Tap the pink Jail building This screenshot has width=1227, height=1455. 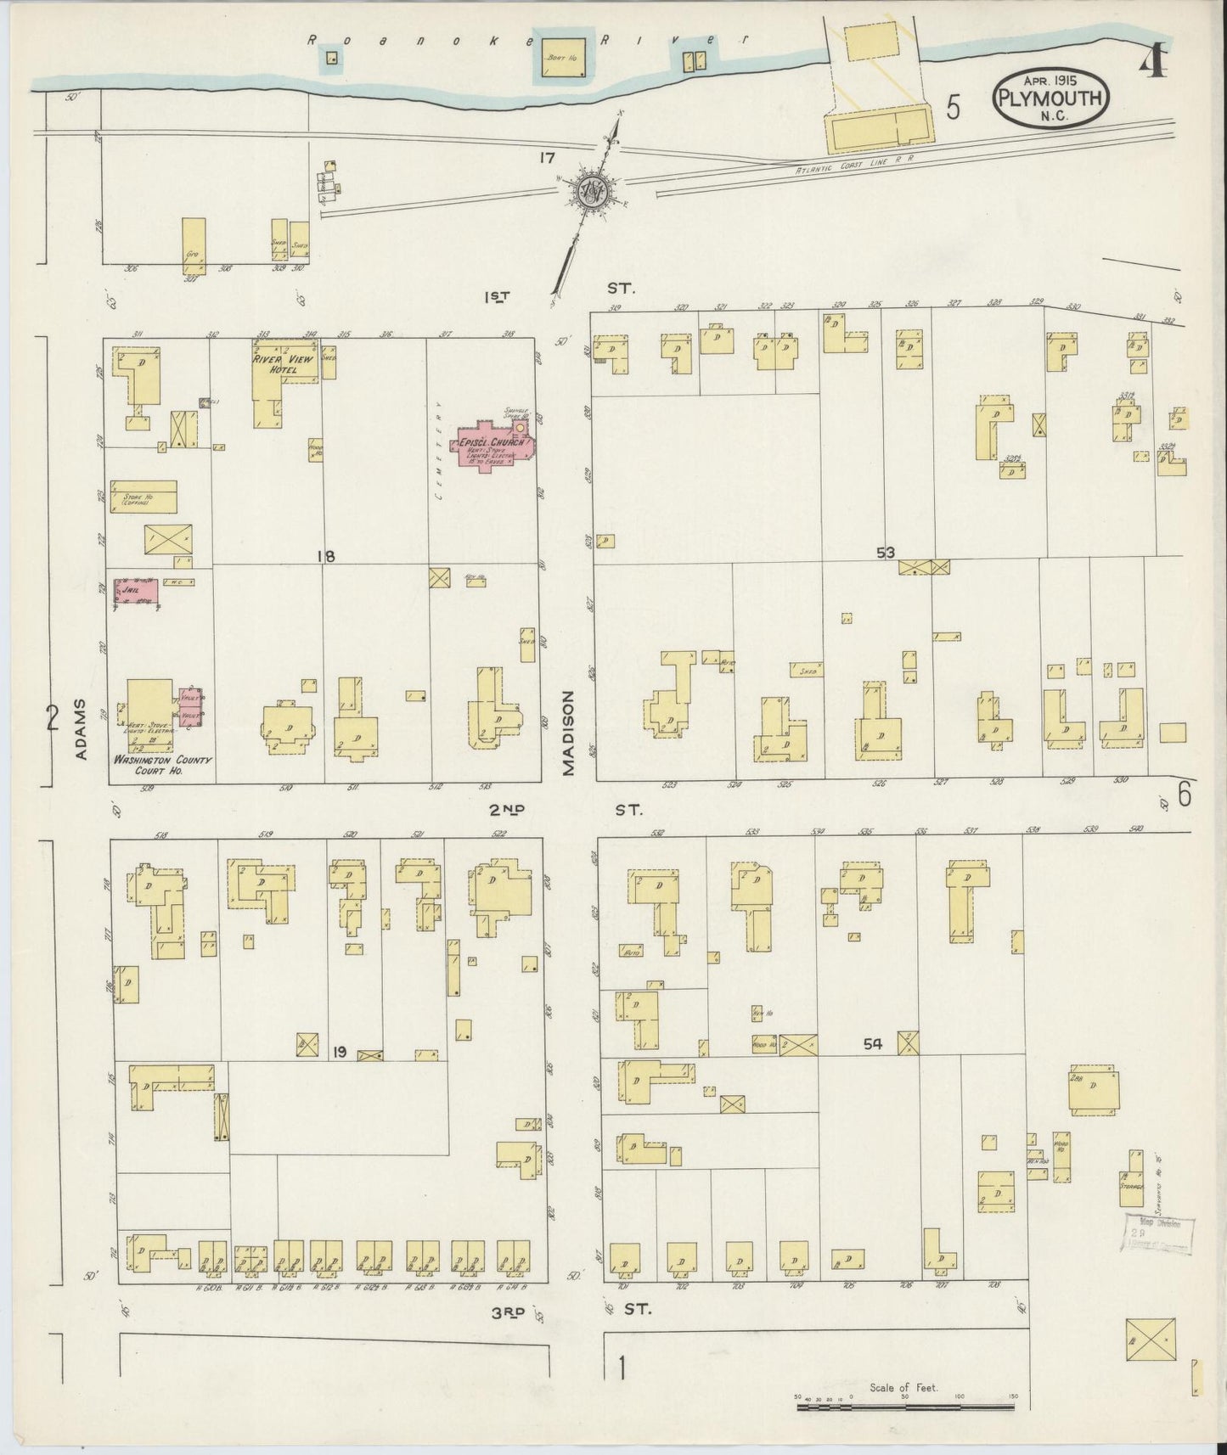pos(135,591)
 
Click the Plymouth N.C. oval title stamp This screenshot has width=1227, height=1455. pos(1050,98)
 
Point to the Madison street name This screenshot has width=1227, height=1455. pos(568,732)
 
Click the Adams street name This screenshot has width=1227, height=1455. pos(82,731)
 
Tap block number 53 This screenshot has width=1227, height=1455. pos(886,553)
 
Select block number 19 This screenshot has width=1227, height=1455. pos(339,1052)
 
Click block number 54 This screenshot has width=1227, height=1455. pos(873,1044)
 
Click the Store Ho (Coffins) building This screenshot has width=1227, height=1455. pos(149,497)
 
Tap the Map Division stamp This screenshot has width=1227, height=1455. pos(1158,1233)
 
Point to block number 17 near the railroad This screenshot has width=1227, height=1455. pos(545,157)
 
